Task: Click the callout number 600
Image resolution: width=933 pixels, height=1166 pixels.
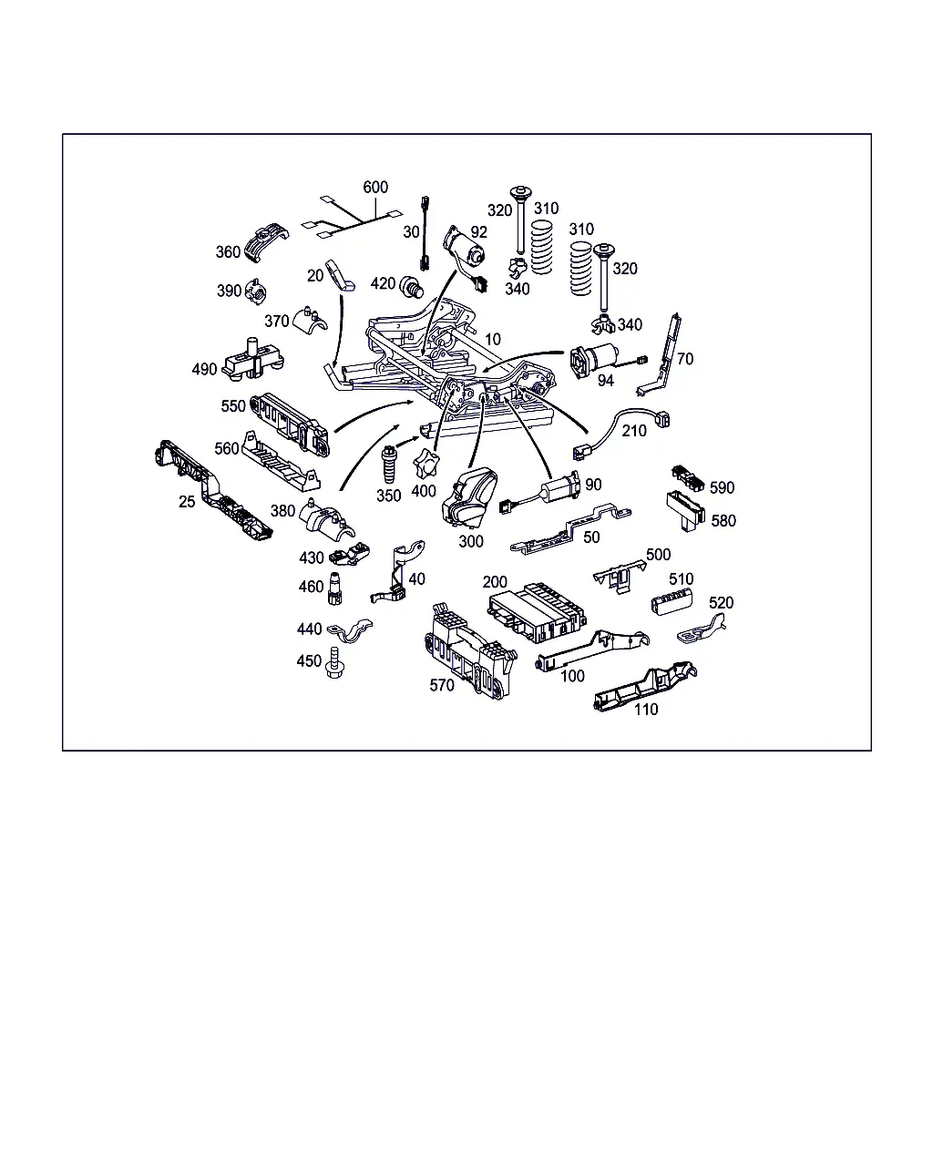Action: pyautogui.click(x=375, y=188)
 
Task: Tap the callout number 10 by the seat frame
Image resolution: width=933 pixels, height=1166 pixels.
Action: pyautogui.click(x=492, y=340)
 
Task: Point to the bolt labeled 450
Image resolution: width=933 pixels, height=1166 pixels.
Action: pyautogui.click(x=334, y=662)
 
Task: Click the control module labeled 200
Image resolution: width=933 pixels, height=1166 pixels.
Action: pyautogui.click(x=537, y=612)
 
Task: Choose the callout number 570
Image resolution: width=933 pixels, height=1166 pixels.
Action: pyautogui.click(x=441, y=685)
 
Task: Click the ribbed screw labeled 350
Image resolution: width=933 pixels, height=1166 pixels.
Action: pyautogui.click(x=389, y=465)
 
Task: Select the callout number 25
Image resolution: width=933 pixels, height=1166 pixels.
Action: pyautogui.click(x=187, y=502)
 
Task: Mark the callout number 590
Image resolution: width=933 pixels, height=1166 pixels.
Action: pyautogui.click(x=722, y=487)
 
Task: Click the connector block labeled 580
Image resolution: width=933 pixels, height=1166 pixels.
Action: pyautogui.click(x=685, y=510)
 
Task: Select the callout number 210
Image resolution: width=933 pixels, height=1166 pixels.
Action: pyautogui.click(x=634, y=431)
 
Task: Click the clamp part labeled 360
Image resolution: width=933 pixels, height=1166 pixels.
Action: pyautogui.click(x=266, y=241)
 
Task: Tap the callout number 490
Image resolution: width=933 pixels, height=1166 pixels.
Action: pyautogui.click(x=204, y=370)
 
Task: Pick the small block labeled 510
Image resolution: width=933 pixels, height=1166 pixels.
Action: pyautogui.click(x=672, y=602)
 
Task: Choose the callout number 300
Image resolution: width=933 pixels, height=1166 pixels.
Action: pyautogui.click(x=470, y=541)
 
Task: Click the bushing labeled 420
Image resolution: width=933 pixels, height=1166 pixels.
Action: pyautogui.click(x=411, y=286)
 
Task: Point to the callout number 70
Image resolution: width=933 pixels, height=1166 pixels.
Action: pyautogui.click(x=684, y=359)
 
